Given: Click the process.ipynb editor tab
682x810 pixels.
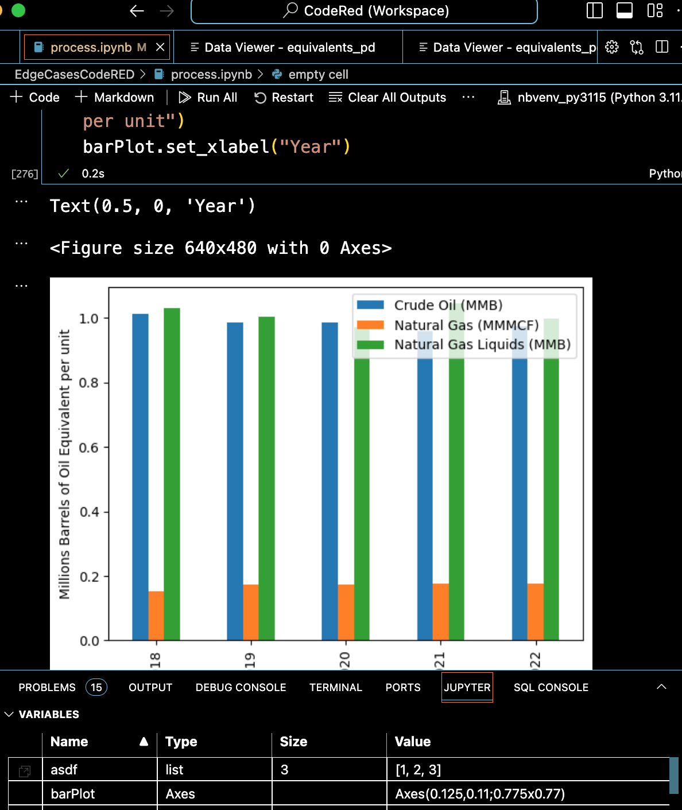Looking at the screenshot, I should (91, 48).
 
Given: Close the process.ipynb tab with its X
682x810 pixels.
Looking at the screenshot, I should (160, 47).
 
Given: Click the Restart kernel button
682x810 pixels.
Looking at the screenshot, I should (284, 98).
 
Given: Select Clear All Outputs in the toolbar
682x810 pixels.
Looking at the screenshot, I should (387, 98).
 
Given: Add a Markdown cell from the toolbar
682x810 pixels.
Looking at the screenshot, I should (115, 98).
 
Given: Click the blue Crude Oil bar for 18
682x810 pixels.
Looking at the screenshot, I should (140, 477).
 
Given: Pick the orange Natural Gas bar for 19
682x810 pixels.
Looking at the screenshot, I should (251, 612).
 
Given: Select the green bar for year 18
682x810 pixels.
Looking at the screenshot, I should (172, 474).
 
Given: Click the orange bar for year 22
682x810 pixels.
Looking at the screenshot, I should (535, 611).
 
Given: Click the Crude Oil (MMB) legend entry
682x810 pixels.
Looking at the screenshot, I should (448, 305).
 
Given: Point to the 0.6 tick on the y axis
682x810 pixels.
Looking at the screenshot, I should (88, 448).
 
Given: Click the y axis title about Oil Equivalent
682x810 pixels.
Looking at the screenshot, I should (64, 464).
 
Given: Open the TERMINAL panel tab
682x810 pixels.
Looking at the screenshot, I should (336, 688).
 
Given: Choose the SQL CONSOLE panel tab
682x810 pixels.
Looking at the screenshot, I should (551, 688).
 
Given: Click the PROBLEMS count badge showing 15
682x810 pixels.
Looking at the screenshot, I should (96, 688).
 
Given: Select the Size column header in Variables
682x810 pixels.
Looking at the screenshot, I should (293, 742).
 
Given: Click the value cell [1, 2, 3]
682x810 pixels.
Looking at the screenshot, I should (418, 770).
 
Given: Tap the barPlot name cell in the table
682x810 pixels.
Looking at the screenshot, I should (73, 794).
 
